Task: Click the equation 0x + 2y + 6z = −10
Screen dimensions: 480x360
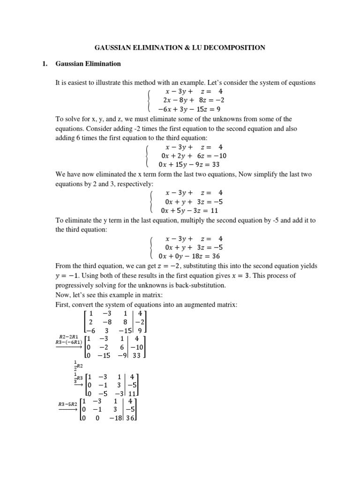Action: click(x=193, y=156)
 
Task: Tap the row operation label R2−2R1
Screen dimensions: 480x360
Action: click(x=68, y=337)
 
